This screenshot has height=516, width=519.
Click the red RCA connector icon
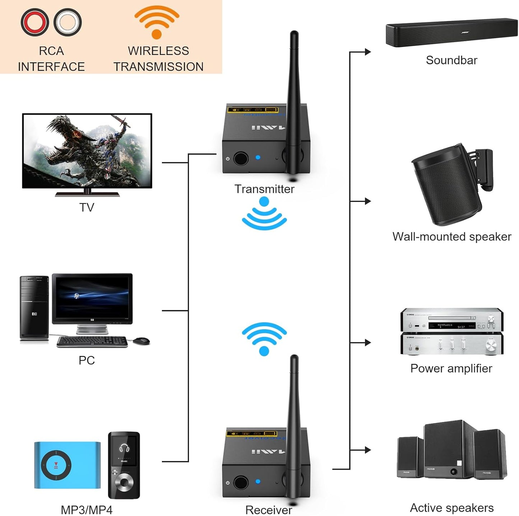(34, 22)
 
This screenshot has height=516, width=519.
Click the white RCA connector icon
(68, 22)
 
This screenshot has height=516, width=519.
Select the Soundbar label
(451, 60)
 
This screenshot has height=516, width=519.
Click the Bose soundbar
(451, 32)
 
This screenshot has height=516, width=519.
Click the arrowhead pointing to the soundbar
(367, 52)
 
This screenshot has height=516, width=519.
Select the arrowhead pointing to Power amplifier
(367, 343)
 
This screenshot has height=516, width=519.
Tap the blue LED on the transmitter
(258, 157)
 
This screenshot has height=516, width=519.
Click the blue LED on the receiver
(258, 481)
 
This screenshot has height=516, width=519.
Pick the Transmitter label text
(264, 189)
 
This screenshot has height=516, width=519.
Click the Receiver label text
(268, 510)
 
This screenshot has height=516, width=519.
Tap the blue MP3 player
(67, 465)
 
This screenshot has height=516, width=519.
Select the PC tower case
(34, 308)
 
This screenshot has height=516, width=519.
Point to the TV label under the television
(87, 207)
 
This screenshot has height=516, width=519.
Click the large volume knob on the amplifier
(491, 345)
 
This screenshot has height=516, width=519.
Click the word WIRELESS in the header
(158, 51)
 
